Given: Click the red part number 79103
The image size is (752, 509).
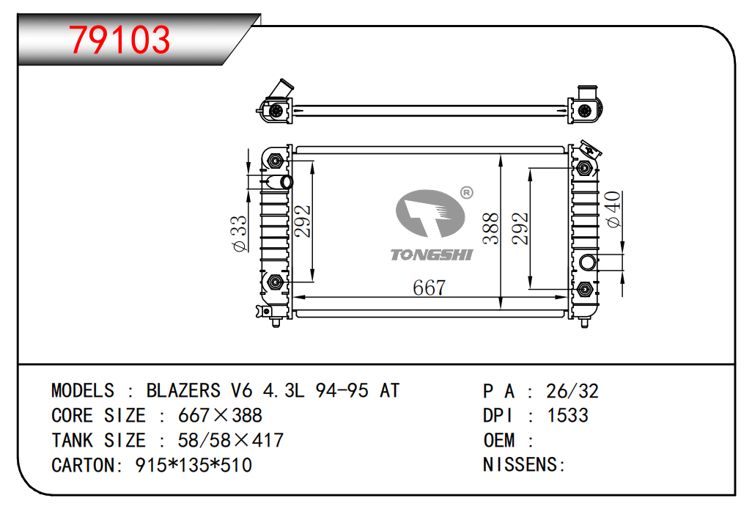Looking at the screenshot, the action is [119, 40].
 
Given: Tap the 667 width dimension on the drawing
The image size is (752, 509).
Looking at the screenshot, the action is [430, 288].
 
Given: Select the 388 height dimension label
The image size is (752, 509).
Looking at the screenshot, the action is [491, 229].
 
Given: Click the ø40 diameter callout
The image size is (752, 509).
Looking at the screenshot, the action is [613, 209].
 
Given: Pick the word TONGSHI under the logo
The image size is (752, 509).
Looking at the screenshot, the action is [432, 254].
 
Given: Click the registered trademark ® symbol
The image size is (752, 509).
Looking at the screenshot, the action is [467, 192].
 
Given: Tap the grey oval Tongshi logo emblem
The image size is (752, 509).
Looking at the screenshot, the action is [430, 213].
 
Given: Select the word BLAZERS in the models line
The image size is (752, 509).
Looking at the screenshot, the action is [183, 391].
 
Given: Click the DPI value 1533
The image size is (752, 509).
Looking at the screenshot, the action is [567, 415].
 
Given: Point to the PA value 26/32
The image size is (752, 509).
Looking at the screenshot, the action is [572, 391].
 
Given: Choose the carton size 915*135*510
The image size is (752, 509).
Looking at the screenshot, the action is [193, 465].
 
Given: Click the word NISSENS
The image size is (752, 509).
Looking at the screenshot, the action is [520, 465].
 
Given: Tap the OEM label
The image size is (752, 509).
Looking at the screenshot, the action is [499, 440].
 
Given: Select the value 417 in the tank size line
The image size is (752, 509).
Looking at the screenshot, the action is [268, 440].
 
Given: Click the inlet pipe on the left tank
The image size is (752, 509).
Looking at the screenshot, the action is [279, 182].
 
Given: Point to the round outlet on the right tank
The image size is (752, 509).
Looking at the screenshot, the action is [588, 263].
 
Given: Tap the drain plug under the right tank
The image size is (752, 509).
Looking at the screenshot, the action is [584, 323].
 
